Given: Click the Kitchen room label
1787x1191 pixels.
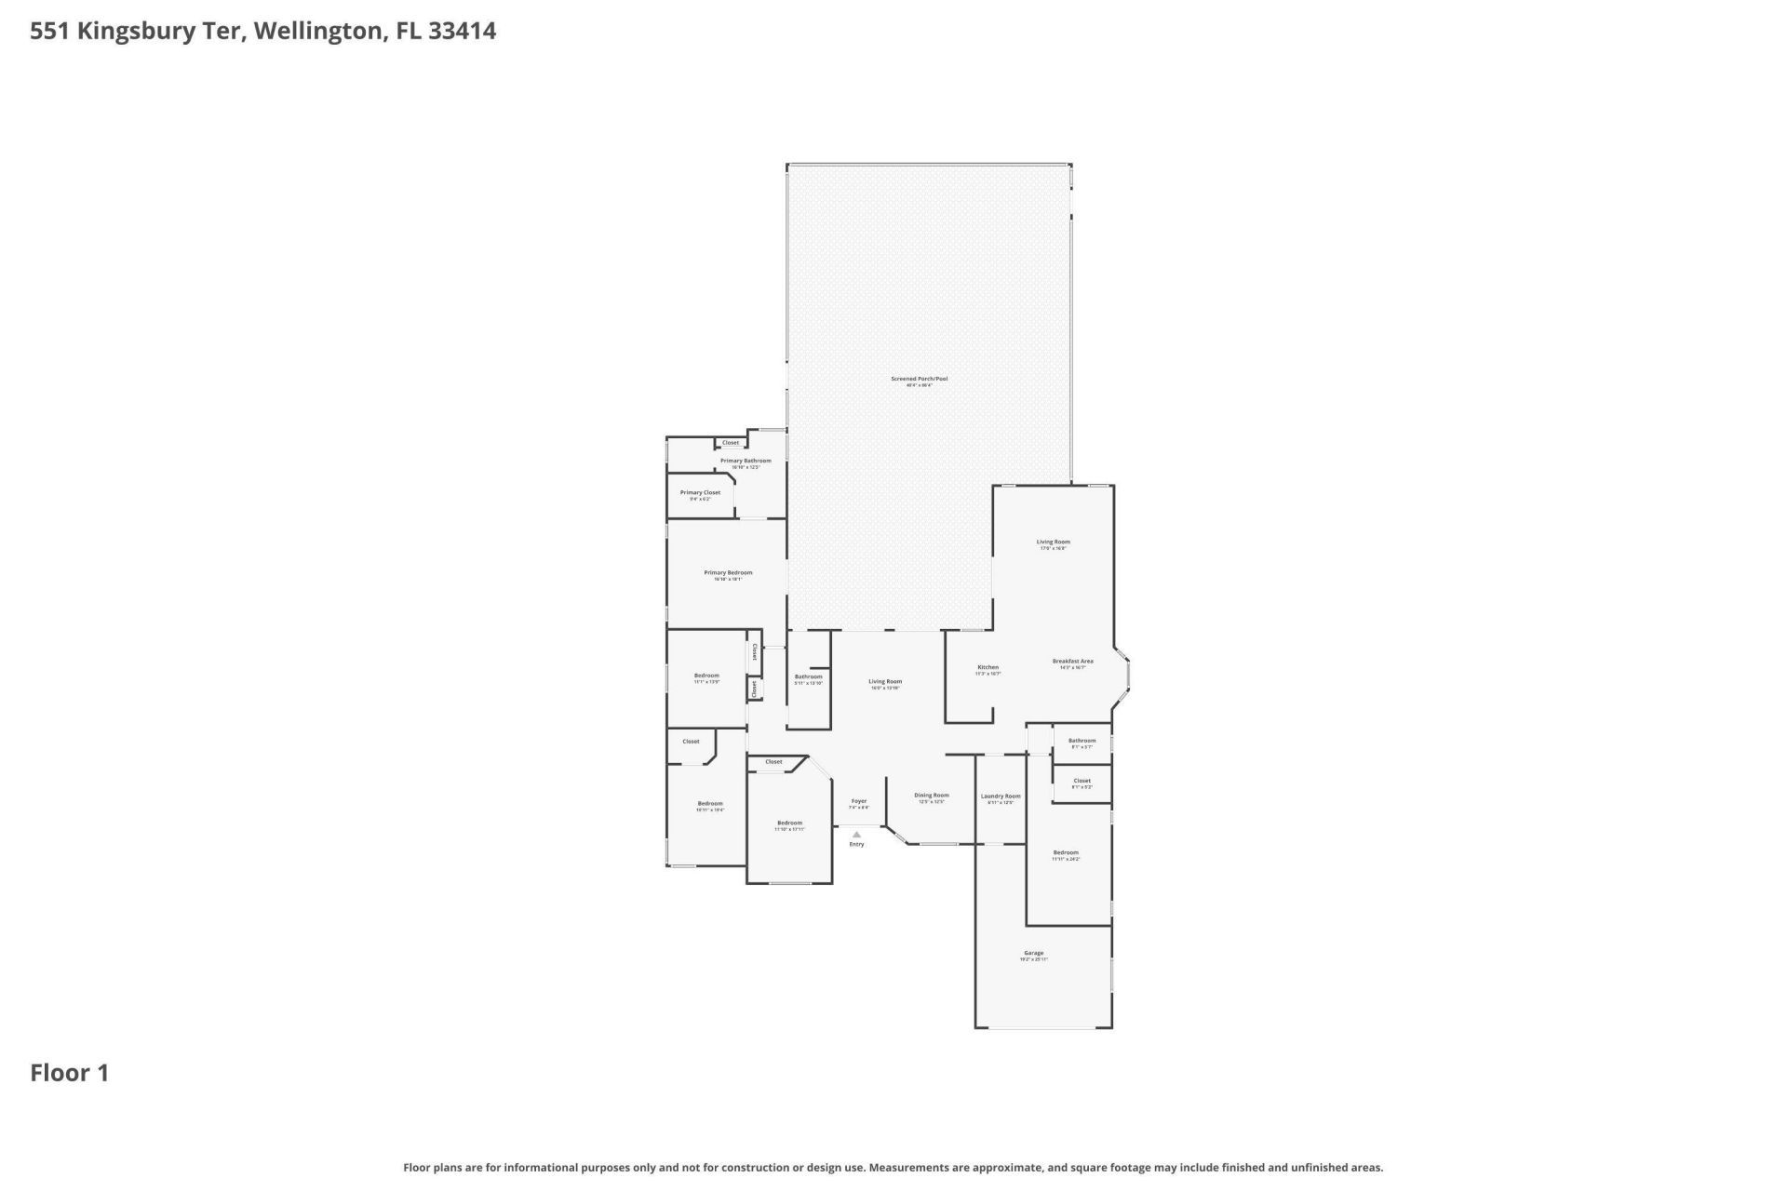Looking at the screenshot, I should pyautogui.click(x=988, y=667).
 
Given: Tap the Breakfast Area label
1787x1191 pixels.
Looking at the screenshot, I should pyautogui.click(x=1072, y=662).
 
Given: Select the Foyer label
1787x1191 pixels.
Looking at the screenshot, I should pyautogui.click(x=858, y=801).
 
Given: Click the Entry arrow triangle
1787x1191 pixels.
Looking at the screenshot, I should pyautogui.click(x=856, y=835).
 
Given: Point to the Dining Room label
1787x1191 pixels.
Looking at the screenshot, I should pyautogui.click(x=931, y=796).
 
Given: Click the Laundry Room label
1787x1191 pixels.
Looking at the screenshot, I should pyautogui.click(x=1000, y=796).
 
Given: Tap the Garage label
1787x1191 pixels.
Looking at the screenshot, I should pyautogui.click(x=1033, y=953).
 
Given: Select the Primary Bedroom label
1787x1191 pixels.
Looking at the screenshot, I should pyautogui.click(x=728, y=573).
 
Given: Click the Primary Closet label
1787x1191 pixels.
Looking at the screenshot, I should pyautogui.click(x=700, y=493).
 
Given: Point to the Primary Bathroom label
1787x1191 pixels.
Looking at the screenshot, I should pyautogui.click(x=746, y=461).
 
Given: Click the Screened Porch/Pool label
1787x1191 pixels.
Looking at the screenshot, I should pyautogui.click(x=919, y=379).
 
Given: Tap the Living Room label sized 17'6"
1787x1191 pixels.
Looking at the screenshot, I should pyautogui.click(x=1053, y=542).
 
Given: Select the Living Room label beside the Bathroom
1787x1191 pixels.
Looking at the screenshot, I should pyautogui.click(x=885, y=682).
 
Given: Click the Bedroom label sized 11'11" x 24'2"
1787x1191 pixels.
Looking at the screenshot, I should pyautogui.click(x=1066, y=853).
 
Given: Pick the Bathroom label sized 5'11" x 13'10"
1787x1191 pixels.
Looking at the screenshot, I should pyautogui.click(x=808, y=676).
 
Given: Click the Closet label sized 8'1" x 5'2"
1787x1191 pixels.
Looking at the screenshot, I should pyautogui.click(x=1082, y=782).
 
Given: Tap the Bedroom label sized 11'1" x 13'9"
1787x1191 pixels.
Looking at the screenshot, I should pyautogui.click(x=706, y=676).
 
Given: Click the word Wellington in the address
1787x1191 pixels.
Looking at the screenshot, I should pyautogui.click(x=318, y=31).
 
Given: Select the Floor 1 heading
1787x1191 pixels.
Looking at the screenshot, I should pyautogui.click(x=70, y=1073).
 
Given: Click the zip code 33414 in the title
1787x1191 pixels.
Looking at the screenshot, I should pyautogui.click(x=462, y=31).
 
